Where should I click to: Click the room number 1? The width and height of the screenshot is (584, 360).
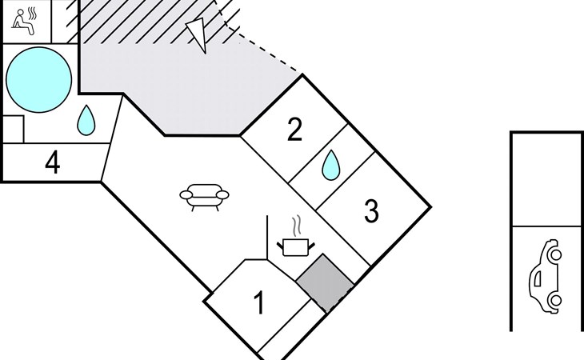pos(259,302)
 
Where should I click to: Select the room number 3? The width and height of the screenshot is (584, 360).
pos(371,211)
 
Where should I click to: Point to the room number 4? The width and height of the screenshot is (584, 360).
pos(53,162)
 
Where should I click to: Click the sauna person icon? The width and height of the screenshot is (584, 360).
pos(23,22)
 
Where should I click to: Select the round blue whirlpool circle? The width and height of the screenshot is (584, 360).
pos(39,80)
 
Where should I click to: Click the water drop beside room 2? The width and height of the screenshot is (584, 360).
pos(330,165)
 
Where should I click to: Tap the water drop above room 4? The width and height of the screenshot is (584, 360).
pos(86,120)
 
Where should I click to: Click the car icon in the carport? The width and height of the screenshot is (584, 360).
pos(546,276)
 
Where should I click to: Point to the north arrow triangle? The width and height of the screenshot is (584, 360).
pos(197,35)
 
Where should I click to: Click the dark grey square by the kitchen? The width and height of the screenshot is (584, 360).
pos(325,283)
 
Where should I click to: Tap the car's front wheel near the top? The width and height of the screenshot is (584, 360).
pos(556,255)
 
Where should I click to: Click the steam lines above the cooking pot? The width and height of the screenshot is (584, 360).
pos(297,226)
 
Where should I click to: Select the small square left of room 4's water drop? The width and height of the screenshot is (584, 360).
pos(13,129)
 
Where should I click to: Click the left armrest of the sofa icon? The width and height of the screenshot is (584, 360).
pos(186,194)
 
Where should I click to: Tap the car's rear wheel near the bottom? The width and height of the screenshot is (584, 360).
pos(556,300)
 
